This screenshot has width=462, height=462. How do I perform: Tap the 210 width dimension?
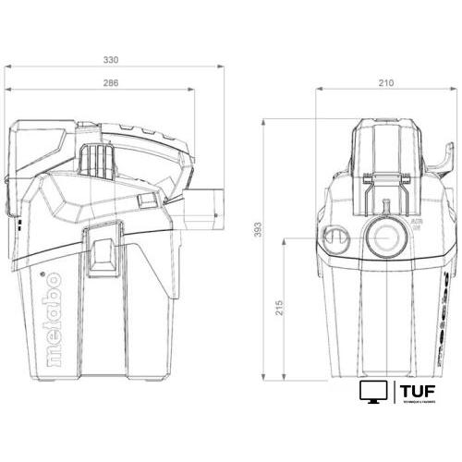(386, 82)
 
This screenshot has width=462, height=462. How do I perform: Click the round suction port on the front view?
(381, 237)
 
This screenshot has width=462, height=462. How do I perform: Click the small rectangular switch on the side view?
(144, 200)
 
